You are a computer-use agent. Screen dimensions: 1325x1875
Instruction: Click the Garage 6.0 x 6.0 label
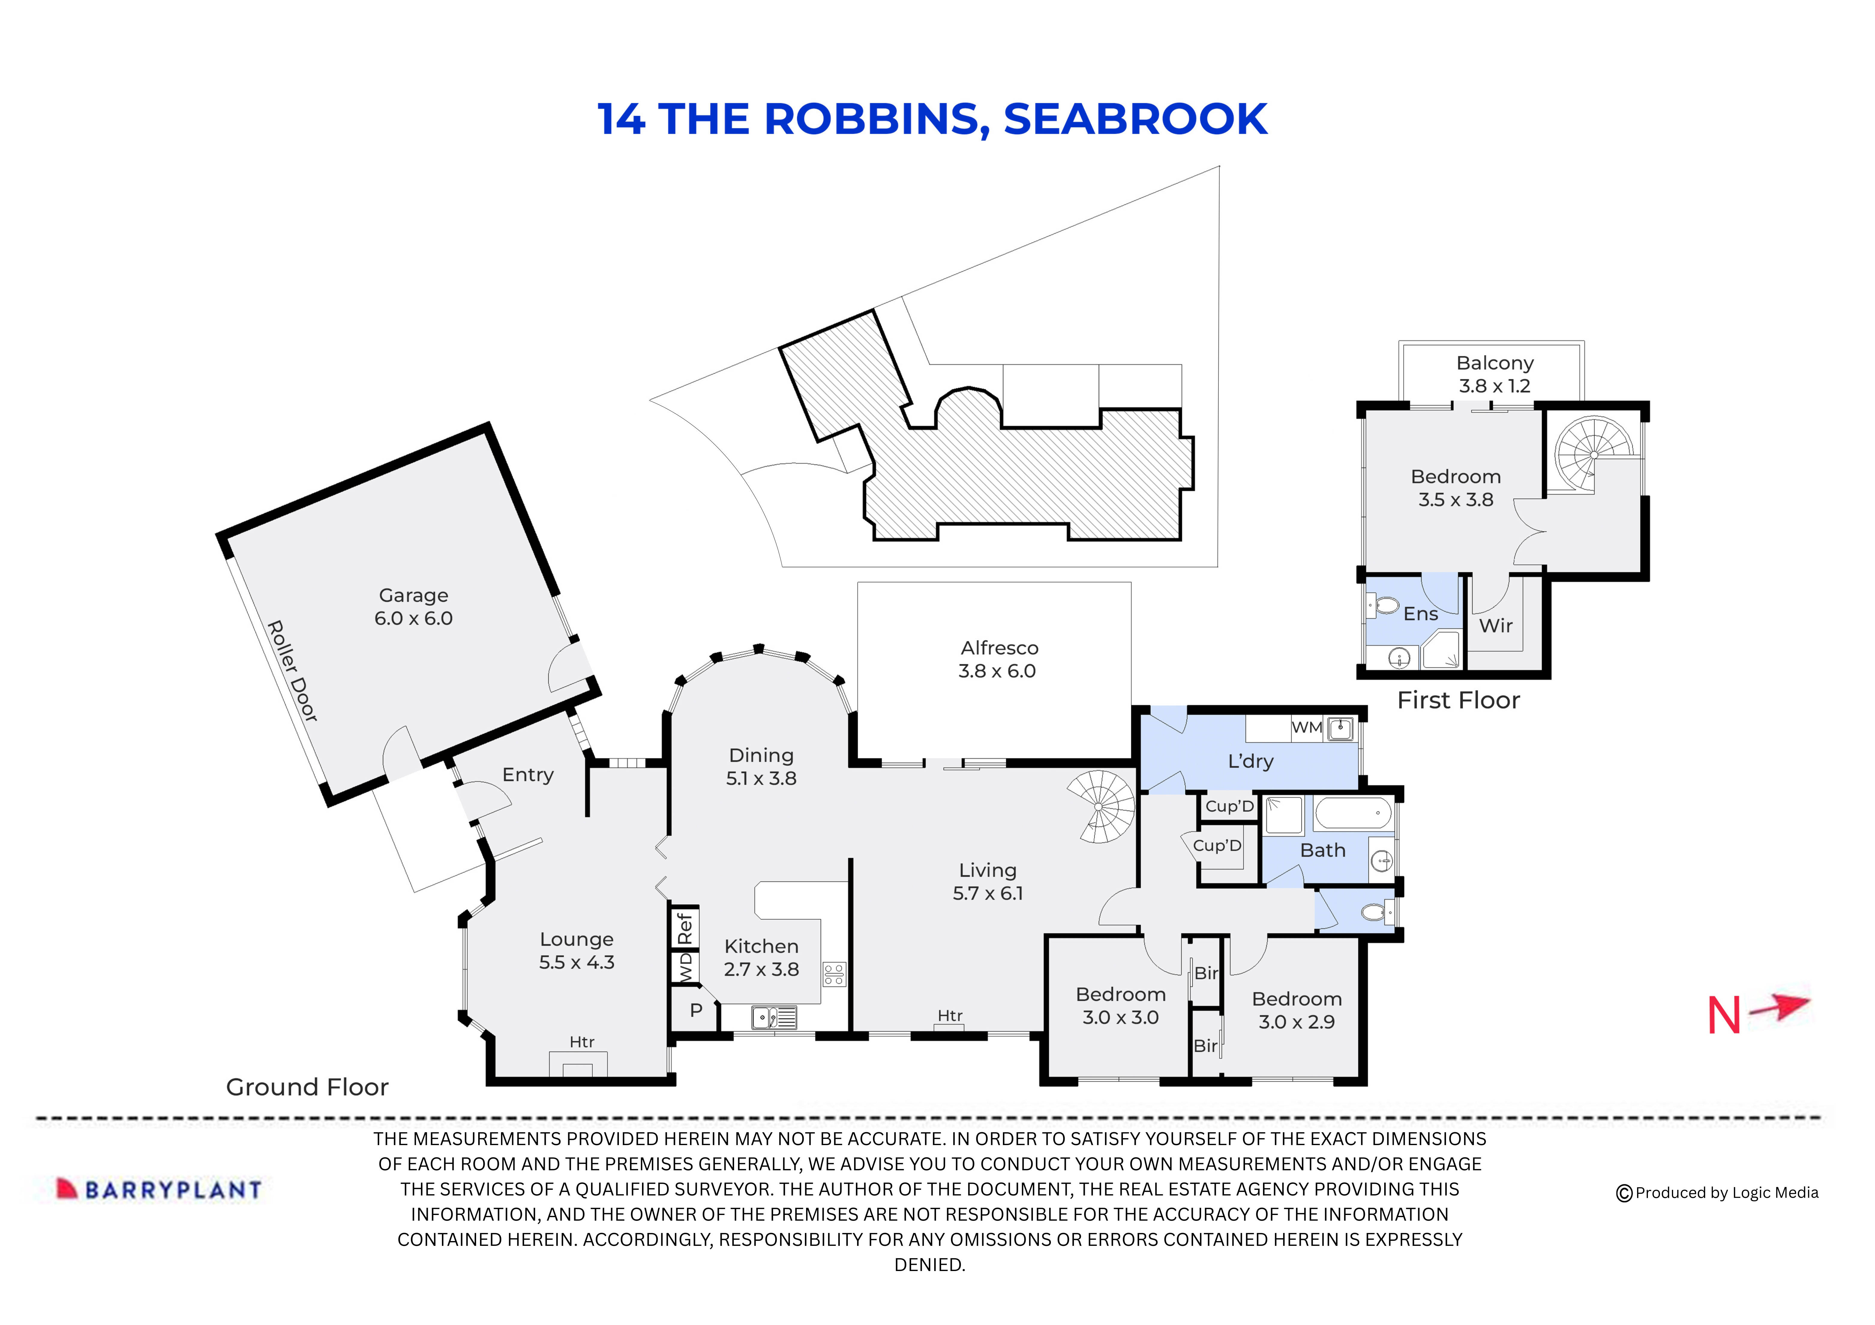[x=413, y=607]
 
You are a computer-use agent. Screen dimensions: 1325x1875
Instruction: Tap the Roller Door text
[x=292, y=671]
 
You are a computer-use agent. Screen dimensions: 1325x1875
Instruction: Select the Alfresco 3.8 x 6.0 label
[x=998, y=659]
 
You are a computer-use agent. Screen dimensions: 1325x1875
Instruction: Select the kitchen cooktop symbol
[x=834, y=974]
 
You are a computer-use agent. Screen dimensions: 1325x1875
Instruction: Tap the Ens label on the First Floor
[x=1420, y=614]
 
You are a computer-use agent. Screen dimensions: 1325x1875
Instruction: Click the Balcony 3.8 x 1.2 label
[x=1494, y=374]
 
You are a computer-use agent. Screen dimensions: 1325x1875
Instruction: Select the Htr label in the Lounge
[x=581, y=1042]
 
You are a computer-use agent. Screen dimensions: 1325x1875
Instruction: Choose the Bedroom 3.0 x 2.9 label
[x=1296, y=1010]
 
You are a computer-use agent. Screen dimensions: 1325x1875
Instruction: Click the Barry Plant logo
[x=159, y=1189]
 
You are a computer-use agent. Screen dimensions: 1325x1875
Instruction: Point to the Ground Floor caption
[x=307, y=1087]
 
